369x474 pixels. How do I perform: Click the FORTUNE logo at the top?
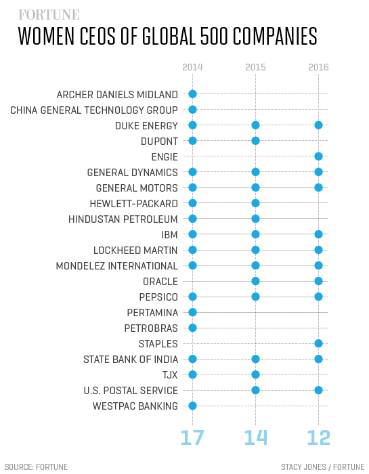click(49, 14)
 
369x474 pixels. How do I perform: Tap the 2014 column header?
click(192, 67)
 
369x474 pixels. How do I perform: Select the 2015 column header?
click(255, 67)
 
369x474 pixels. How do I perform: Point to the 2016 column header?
click(318, 67)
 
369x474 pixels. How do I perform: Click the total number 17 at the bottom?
click(192, 437)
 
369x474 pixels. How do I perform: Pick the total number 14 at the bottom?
click(255, 437)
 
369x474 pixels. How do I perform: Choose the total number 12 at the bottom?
click(318, 437)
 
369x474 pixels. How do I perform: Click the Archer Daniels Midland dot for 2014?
click(192, 94)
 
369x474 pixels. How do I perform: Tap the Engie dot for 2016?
click(318, 156)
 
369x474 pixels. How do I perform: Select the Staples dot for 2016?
click(318, 343)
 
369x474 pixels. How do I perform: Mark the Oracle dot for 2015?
click(255, 281)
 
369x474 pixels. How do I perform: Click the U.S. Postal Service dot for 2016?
click(318, 390)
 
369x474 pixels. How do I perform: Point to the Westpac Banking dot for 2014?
click(192, 406)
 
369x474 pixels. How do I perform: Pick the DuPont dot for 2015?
click(255, 141)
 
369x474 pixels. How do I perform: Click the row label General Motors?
click(137, 188)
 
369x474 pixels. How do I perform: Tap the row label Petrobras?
click(151, 328)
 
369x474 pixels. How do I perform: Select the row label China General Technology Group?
click(94, 110)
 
